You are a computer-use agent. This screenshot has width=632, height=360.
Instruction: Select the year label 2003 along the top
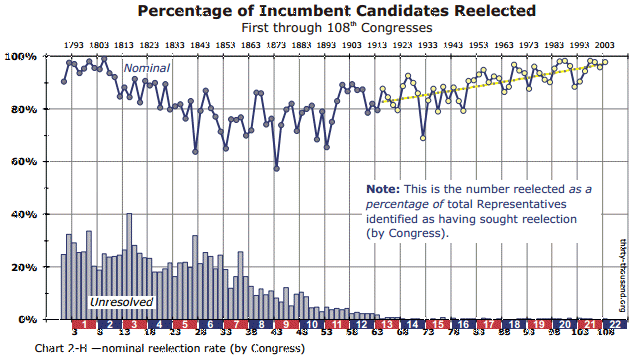(x=603, y=45)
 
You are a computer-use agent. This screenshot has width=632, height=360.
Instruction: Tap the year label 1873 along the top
(x=276, y=45)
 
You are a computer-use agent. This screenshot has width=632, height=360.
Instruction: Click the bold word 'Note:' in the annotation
(x=382, y=188)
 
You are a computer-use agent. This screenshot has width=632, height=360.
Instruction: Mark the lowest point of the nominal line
(x=276, y=167)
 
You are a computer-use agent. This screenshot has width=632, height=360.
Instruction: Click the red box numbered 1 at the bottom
(x=85, y=325)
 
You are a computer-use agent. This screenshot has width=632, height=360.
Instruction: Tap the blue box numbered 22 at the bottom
(x=617, y=325)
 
